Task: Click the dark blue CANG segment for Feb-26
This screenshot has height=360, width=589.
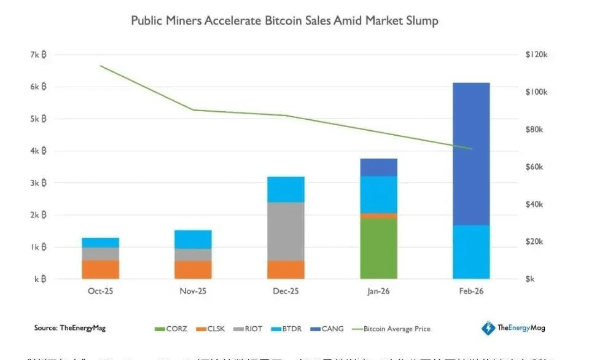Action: click(471, 154)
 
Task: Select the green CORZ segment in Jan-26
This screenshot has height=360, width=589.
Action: click(378, 248)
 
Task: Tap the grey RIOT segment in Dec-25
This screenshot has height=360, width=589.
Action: click(286, 231)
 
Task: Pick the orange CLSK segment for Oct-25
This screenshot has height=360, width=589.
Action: click(100, 269)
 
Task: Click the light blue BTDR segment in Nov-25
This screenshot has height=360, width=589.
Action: click(193, 240)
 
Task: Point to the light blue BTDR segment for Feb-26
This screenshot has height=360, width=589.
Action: click(471, 252)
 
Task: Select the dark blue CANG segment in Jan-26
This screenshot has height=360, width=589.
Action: click(378, 167)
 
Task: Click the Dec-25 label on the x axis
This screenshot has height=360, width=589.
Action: click(286, 291)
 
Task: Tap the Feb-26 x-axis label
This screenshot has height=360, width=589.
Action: click(471, 291)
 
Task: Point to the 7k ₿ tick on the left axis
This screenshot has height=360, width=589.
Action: click(39, 55)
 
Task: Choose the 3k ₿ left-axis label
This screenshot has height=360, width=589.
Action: click(39, 183)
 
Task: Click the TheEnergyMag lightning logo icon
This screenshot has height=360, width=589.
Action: click(488, 328)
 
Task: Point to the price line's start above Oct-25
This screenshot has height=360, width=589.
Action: click(100, 66)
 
